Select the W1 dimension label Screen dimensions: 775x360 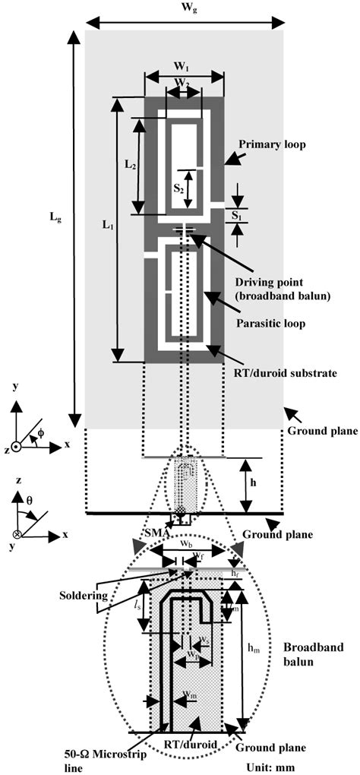[x=184, y=65]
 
